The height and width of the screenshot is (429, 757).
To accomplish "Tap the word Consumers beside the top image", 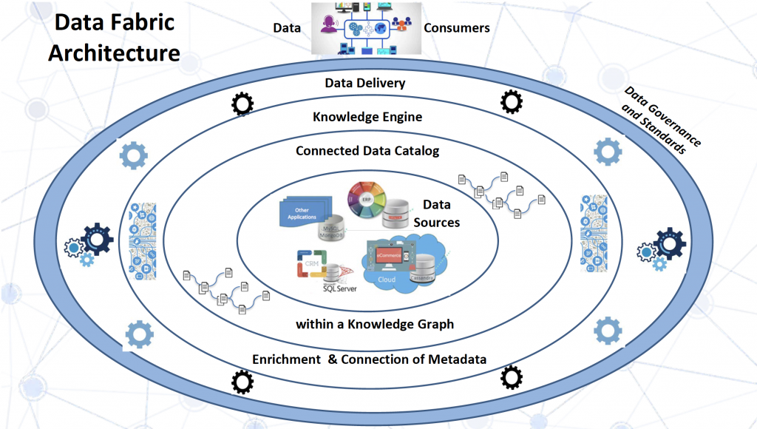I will click(x=456, y=28).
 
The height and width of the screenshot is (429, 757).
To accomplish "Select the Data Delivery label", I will click(x=365, y=83).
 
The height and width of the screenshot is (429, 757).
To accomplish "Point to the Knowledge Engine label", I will click(x=367, y=117).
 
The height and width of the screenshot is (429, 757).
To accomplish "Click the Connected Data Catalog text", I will click(x=367, y=151).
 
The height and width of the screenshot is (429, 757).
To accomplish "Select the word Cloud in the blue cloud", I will click(x=387, y=280).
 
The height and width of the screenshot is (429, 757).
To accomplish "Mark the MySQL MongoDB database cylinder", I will click(x=334, y=225).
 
